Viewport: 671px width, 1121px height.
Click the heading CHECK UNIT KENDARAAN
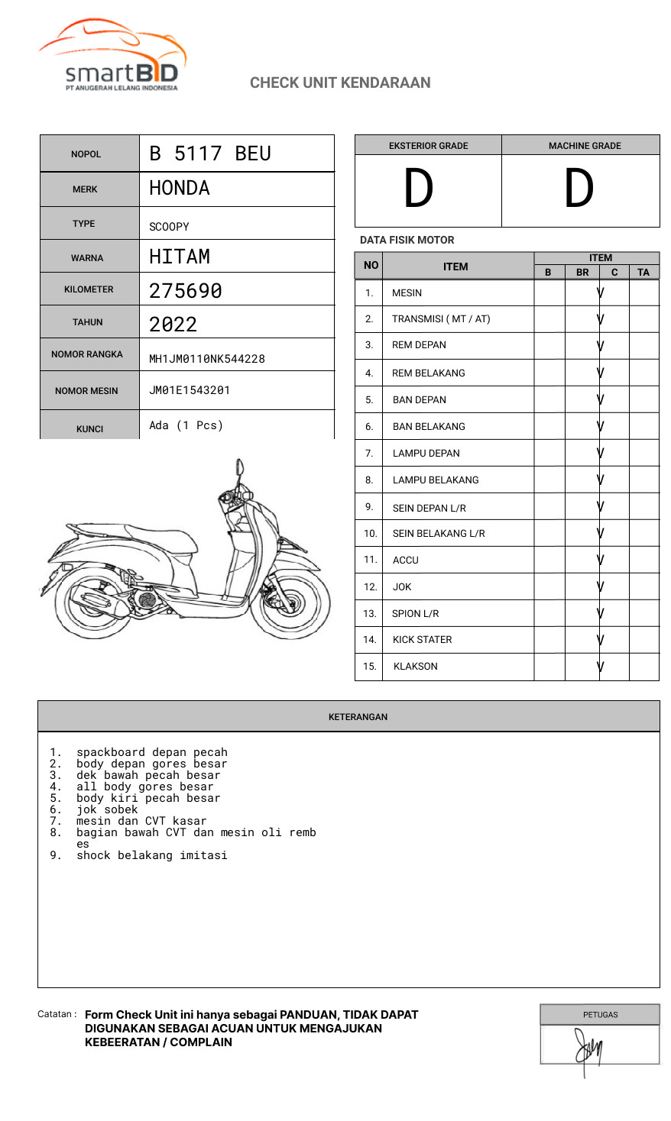click(x=340, y=82)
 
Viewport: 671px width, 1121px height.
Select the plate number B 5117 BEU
click(x=210, y=153)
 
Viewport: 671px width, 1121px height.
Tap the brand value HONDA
click(x=180, y=188)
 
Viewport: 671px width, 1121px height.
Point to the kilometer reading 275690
click(x=186, y=291)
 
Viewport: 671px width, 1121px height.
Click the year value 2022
click(x=173, y=325)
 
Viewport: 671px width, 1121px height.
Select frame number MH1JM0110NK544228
click(x=207, y=359)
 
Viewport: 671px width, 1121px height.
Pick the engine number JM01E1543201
click(x=190, y=390)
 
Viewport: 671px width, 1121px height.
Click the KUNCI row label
click(x=89, y=429)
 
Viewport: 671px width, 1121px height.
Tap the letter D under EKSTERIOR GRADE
click(x=419, y=189)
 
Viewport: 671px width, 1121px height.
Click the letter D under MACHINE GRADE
click(x=579, y=189)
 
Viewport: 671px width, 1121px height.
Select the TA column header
click(x=643, y=272)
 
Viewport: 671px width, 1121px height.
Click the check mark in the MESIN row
click(x=601, y=292)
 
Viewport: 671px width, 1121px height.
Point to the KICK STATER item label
click(x=422, y=640)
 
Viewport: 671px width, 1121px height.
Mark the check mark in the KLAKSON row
click(x=601, y=667)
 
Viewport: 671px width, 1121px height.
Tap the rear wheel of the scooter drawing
click(x=96, y=603)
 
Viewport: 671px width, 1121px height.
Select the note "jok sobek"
click(x=107, y=809)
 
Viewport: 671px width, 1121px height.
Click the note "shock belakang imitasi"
click(x=151, y=855)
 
